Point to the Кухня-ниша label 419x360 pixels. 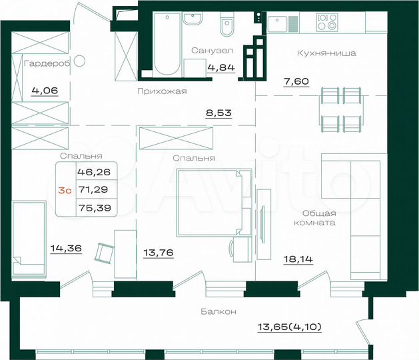coord(326,53)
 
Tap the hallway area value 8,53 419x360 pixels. coord(218,113)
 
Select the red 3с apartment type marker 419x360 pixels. coord(65,190)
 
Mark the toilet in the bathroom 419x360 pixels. coord(225,28)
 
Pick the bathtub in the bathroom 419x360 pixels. coord(167,41)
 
